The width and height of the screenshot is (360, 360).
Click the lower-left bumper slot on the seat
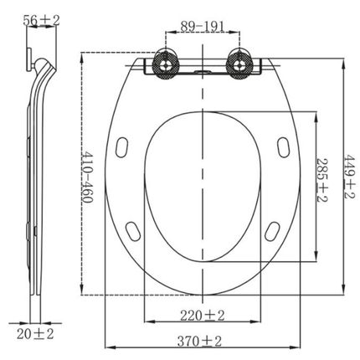click(x=131, y=229)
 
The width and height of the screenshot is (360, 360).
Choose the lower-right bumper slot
click(x=274, y=229)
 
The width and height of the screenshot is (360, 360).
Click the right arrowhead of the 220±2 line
click(x=259, y=323)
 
